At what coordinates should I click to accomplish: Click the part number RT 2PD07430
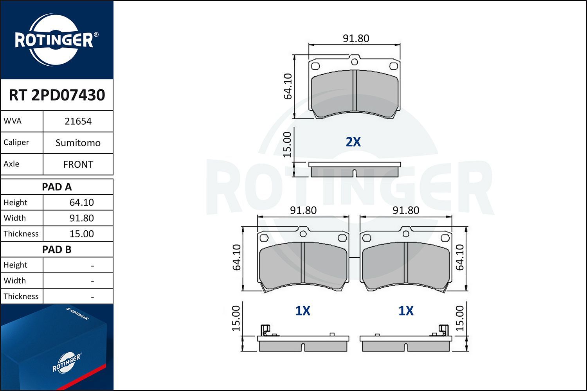(x=57, y=95)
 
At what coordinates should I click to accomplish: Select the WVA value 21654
(x=78, y=121)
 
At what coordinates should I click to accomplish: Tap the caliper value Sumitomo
(x=78, y=143)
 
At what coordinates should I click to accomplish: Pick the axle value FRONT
(x=78, y=164)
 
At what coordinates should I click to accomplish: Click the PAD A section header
(x=57, y=187)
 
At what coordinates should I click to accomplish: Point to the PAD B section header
(x=57, y=249)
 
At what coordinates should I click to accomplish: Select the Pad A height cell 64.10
(x=81, y=203)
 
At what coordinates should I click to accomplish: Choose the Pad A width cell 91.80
(x=81, y=218)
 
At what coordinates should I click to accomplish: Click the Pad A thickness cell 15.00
(x=81, y=234)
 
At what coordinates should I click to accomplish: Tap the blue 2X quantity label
(x=353, y=142)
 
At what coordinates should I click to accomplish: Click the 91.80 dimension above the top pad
(x=356, y=38)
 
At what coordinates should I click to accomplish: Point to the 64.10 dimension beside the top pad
(x=288, y=86)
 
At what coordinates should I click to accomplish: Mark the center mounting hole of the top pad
(x=354, y=61)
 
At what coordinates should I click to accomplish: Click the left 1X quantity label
(x=303, y=311)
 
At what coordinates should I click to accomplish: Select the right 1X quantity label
(x=406, y=311)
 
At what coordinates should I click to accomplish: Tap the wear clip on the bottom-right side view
(x=443, y=330)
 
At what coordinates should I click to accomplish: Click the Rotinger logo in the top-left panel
(x=54, y=40)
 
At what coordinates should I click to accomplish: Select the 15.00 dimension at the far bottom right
(x=460, y=319)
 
